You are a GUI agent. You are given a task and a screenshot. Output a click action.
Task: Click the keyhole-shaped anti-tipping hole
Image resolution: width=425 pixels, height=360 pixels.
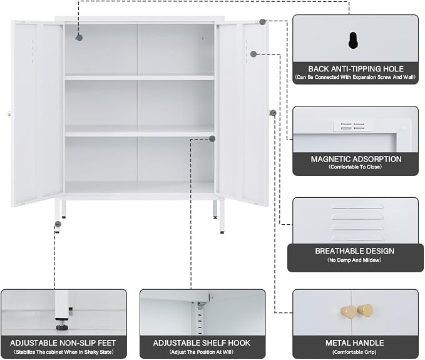pyautogui.click(x=353, y=41)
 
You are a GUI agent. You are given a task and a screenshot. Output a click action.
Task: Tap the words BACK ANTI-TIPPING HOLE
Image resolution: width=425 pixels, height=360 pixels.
pyautogui.click(x=356, y=69)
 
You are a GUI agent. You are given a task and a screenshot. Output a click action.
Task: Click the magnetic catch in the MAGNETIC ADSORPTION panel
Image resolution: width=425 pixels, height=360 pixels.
pyautogui.click(x=352, y=126)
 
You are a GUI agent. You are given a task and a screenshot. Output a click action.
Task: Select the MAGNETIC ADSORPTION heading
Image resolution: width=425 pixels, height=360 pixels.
pyautogui.click(x=356, y=159)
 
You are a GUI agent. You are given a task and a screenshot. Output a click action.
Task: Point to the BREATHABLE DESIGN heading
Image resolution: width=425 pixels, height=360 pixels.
pyautogui.click(x=354, y=251)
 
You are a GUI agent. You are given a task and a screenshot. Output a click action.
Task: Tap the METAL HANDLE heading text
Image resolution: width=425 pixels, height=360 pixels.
pyautogui.click(x=354, y=343)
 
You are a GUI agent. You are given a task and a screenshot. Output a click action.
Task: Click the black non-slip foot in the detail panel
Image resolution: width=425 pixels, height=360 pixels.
pyautogui.click(x=63, y=327)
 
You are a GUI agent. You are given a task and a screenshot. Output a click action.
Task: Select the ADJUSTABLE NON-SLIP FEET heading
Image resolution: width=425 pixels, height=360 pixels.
pyautogui.click(x=63, y=343)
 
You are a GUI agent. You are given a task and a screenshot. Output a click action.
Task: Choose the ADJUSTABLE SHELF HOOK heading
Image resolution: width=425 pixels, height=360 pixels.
pyautogui.click(x=202, y=343)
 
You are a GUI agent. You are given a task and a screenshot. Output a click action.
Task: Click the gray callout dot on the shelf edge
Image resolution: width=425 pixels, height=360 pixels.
pyautogui.click(x=212, y=139)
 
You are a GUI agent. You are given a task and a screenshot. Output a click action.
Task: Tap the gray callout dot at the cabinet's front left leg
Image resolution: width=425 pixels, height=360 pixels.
pyautogui.click(x=58, y=224)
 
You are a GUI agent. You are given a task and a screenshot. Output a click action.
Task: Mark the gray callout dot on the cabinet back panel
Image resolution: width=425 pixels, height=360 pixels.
pyautogui.click(x=79, y=38)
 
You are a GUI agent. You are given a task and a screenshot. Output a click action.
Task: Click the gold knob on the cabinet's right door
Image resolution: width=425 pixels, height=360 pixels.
pyautogui.click(x=272, y=113)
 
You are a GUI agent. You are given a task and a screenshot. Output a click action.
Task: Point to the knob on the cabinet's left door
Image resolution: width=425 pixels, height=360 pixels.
pyautogui.click(x=9, y=114)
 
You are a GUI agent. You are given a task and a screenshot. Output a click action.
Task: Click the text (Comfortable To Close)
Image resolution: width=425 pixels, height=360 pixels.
pyautogui.click(x=355, y=167)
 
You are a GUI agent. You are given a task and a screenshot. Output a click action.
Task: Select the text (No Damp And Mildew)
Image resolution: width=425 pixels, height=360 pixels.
pyautogui.click(x=354, y=260)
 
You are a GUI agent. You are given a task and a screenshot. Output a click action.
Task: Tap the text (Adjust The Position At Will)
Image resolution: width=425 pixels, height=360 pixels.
pyautogui.click(x=202, y=352)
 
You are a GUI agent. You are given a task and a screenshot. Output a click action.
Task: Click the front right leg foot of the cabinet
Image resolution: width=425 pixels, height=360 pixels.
pyautogui.click(x=222, y=232)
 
